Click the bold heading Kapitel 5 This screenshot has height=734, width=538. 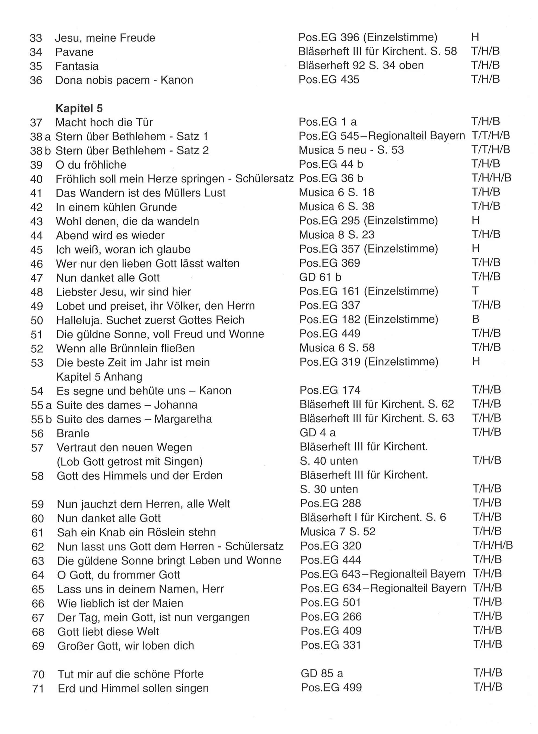79,108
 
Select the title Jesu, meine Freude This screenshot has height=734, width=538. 105,38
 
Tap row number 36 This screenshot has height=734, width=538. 36,80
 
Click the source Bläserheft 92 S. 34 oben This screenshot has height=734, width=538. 361,65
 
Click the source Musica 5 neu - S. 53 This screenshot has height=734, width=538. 351,150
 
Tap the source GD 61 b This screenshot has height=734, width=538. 320,277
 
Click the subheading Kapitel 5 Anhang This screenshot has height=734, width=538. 99,377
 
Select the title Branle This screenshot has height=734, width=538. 73,433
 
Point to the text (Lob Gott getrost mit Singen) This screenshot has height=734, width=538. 130,461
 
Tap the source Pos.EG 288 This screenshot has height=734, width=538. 330,503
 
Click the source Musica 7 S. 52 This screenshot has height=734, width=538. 338,532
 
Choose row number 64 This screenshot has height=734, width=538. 38,575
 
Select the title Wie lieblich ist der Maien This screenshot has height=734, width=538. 120,603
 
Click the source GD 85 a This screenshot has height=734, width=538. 322,673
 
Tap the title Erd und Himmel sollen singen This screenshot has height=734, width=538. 133,688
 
